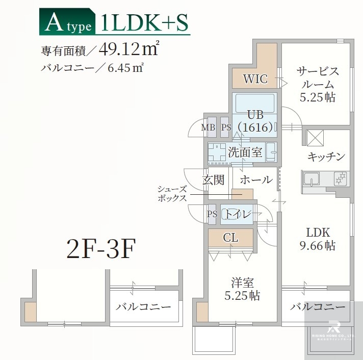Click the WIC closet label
(x=255, y=80)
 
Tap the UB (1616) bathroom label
(x=255, y=120)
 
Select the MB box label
(x=209, y=127)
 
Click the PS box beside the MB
(x=226, y=127)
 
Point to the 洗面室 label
(x=245, y=152)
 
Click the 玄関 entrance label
(x=214, y=179)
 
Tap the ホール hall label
(x=255, y=179)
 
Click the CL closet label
(x=230, y=238)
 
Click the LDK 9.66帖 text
(x=317, y=238)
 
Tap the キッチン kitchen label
(x=327, y=156)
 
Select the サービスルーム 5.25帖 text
(x=317, y=84)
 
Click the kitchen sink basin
(x=311, y=179)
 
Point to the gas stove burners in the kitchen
(x=340, y=178)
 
